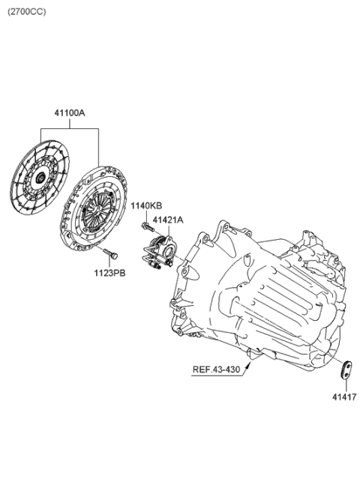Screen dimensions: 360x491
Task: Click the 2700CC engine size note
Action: pyautogui.click(x=27, y=12)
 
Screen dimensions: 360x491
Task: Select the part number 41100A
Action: pyautogui.click(x=70, y=113)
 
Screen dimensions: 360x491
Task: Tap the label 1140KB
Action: pyautogui.click(x=146, y=205)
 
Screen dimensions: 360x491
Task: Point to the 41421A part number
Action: pyautogui.click(x=168, y=220)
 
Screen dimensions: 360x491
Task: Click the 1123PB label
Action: pyautogui.click(x=110, y=274)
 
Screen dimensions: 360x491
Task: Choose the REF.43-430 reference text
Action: pyautogui.click(x=216, y=370)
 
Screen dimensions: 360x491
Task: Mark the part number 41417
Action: pyautogui.click(x=344, y=397)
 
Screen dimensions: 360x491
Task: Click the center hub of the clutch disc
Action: pyautogui.click(x=40, y=178)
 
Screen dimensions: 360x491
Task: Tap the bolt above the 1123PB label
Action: pyautogui.click(x=110, y=253)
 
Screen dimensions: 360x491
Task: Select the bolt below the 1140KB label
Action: pyautogui.click(x=148, y=227)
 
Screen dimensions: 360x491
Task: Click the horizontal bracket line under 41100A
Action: pyautogui.click(x=70, y=128)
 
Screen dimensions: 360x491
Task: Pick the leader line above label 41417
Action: pyautogui.click(x=346, y=385)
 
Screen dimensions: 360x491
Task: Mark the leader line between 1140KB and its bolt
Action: pyautogui.click(x=147, y=216)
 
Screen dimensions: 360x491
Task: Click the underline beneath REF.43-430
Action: pyautogui.click(x=217, y=376)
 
